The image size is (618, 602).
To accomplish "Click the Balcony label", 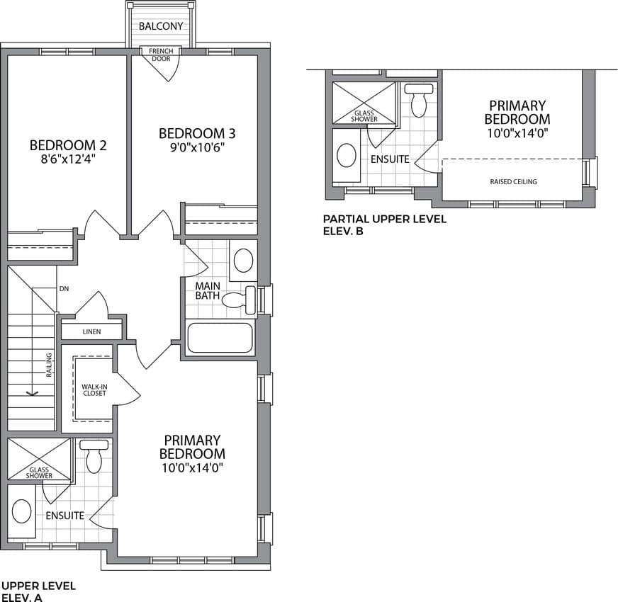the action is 161,26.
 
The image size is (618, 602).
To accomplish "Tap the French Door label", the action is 161,55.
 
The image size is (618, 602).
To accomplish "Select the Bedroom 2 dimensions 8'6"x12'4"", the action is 69,159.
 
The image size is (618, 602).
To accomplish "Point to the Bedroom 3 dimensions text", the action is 197,147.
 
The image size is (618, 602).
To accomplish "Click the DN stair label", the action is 64,289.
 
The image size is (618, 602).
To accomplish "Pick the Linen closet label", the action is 92,331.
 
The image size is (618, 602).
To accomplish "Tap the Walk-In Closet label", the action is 94,390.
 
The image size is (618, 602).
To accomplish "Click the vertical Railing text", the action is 49,365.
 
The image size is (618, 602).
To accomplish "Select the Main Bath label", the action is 208,291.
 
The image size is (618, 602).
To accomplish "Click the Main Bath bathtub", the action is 220,338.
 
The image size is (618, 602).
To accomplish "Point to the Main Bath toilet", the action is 239,300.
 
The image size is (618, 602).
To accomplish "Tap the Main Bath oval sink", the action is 243,260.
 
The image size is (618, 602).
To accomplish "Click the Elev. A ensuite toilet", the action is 94,457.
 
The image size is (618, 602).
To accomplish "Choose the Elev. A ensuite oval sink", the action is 22,511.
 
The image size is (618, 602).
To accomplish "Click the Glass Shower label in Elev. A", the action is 39,473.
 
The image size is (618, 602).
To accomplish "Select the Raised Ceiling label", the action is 513,181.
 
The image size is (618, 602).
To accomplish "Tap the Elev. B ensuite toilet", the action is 419,101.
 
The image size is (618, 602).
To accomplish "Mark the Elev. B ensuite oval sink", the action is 347,155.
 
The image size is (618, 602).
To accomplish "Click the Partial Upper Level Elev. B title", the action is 384,225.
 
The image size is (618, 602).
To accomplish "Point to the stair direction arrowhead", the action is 31,393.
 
